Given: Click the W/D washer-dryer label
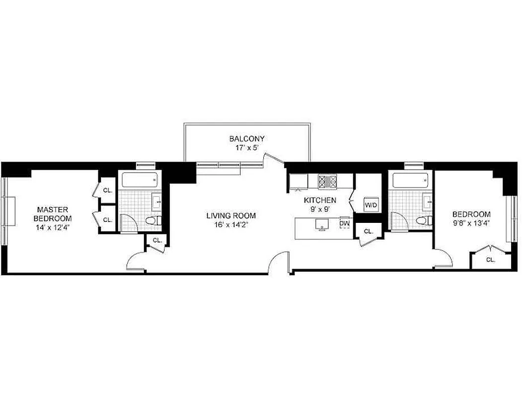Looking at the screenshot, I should coord(371,204).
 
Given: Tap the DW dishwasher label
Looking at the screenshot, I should coord(344,223).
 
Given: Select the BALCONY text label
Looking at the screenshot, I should coord(246,139).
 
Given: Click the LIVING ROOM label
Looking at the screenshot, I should coord(231,215).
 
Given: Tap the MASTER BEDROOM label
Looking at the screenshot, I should coord(52,214).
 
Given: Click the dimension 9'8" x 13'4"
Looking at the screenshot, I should coord(471,223).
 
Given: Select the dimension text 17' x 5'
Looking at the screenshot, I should coord(246,148).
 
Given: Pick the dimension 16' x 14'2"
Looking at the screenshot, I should coord(231,224).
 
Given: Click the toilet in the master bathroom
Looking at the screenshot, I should coord(154,220).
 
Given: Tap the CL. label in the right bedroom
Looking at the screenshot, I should coord(490,260).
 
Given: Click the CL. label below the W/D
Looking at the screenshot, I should coord(368,231).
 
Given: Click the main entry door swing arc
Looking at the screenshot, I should coord(280,261).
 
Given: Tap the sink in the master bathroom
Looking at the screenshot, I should coord(157,201).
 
